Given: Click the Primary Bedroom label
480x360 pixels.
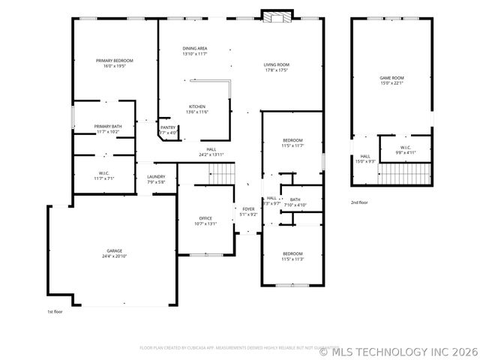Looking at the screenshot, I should point(115,60).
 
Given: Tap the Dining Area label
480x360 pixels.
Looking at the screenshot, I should point(194,48).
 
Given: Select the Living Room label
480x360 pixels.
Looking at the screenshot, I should point(276,64).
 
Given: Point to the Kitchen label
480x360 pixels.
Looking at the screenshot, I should point(196,106).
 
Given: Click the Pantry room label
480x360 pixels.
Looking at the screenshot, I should point(167,127).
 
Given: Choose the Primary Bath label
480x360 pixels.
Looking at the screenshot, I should point(108,126).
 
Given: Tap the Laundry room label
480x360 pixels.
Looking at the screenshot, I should point(156,176).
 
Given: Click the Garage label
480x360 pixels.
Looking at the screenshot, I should point(114,250).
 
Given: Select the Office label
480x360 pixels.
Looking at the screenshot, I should point(205,218).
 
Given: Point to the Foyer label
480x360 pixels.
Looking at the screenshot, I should point(248,208).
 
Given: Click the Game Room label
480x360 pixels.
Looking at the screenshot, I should point(391,78).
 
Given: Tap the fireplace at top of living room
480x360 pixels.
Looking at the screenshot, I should point(272,16).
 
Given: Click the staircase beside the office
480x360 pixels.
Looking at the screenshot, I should point(221,175).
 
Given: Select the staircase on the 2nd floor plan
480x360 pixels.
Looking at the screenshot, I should point(403,175).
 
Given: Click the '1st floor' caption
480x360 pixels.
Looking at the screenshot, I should point(55,310).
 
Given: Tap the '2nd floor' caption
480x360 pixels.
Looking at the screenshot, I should point(360,202).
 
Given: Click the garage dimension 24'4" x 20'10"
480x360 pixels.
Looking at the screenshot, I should point(114,256).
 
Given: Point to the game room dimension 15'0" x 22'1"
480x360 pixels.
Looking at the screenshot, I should point(391,83).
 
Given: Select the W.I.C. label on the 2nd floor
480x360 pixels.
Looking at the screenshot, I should point(404,147).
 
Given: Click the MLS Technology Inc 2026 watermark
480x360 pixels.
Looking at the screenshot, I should point(397,350).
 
